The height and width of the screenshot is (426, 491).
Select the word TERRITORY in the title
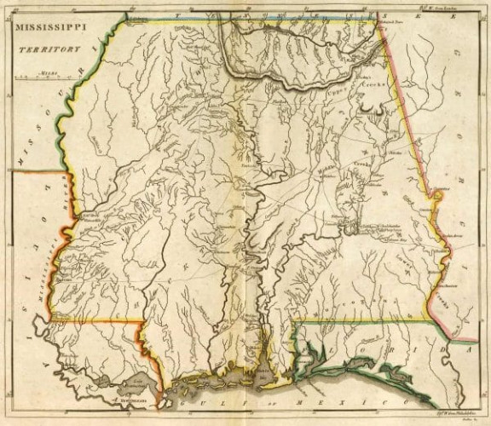[50, 49]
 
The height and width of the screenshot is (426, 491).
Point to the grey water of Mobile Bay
[263, 374]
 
